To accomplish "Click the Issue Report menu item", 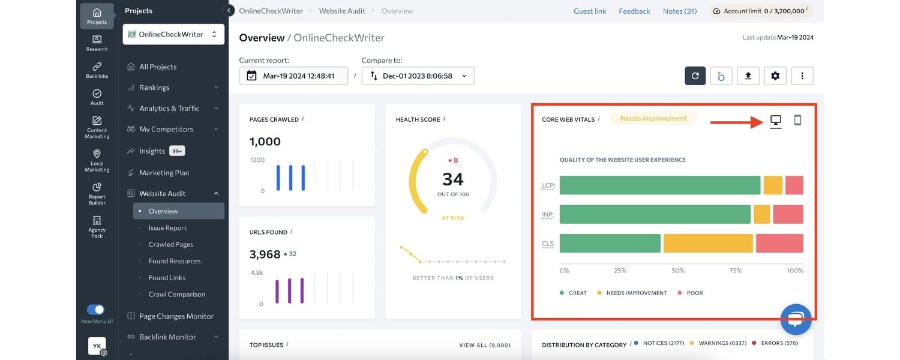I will click(x=167, y=228).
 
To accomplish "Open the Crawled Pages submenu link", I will click(x=170, y=244).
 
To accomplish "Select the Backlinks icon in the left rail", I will click(x=97, y=70).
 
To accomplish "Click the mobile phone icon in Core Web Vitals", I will click(x=797, y=120).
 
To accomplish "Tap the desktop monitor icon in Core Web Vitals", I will click(x=776, y=121).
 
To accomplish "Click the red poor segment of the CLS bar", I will click(x=779, y=243).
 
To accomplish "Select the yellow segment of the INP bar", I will click(x=761, y=214).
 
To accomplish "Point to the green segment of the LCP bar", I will click(x=660, y=185).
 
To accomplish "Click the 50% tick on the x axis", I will click(x=678, y=271).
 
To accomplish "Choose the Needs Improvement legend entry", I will click(x=636, y=293).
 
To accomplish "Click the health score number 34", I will click(x=453, y=179).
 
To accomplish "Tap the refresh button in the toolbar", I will click(x=695, y=76).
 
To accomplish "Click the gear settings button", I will click(x=775, y=76).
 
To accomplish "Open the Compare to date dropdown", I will click(x=418, y=76).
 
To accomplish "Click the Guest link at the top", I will click(x=590, y=11).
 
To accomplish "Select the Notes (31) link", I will click(x=680, y=11).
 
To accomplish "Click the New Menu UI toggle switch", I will click(x=96, y=310).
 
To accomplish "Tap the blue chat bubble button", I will click(x=796, y=319).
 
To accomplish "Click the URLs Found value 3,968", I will click(x=265, y=254).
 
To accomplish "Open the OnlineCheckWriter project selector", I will click(x=173, y=34).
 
